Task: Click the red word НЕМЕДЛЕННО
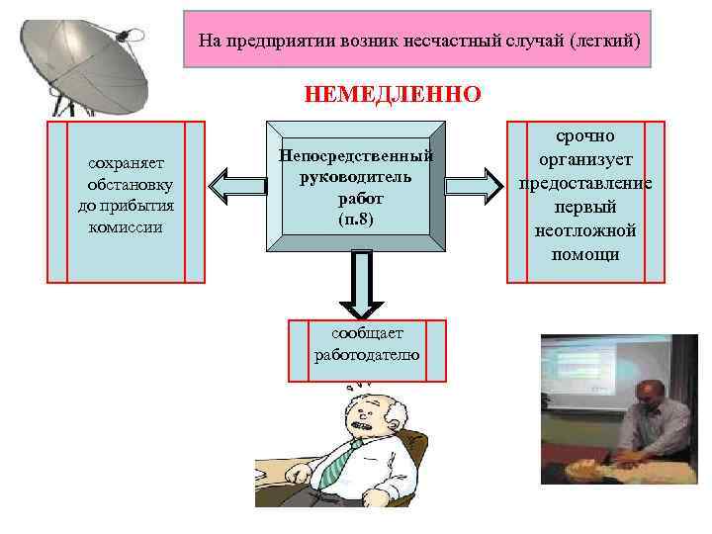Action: (x=393, y=95)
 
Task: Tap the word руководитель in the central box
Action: (x=356, y=175)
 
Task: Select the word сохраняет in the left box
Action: (x=126, y=162)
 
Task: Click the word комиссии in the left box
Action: (x=126, y=226)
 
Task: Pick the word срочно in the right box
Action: (x=585, y=134)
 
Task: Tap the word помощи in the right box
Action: (x=585, y=254)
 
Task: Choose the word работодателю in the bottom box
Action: (x=366, y=354)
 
